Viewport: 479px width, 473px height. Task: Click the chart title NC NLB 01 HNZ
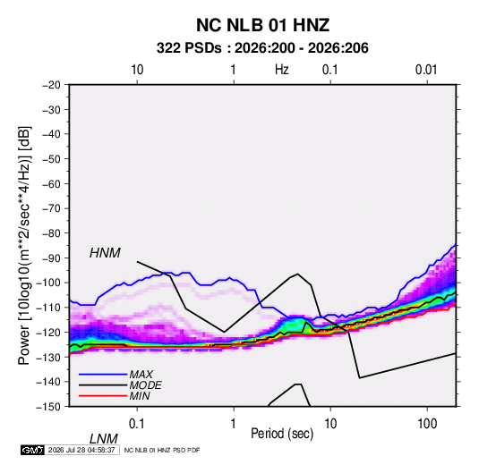pyautogui.click(x=262, y=25)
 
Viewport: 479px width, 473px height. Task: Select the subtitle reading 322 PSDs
pyautogui.click(x=189, y=48)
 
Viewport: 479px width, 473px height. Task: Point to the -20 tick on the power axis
pyautogui.click(x=51, y=85)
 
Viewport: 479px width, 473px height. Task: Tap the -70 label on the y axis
pyautogui.click(x=51, y=208)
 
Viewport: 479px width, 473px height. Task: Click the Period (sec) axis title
pyautogui.click(x=282, y=434)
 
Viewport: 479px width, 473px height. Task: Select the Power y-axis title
pyautogui.click(x=24, y=245)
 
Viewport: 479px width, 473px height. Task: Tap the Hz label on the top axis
pyautogui.click(x=281, y=70)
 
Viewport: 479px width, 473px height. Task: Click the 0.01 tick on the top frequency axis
pyautogui.click(x=426, y=70)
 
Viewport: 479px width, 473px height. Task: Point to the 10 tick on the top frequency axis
pyautogui.click(x=137, y=70)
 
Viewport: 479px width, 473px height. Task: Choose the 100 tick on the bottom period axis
pyautogui.click(x=427, y=424)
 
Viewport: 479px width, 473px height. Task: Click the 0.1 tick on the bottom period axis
pyautogui.click(x=137, y=424)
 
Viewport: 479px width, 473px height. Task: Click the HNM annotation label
pyautogui.click(x=105, y=253)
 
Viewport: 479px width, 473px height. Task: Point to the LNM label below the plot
pyautogui.click(x=104, y=439)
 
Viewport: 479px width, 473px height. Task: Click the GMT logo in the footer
pyautogui.click(x=32, y=450)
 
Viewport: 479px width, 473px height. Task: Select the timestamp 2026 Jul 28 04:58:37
pyautogui.click(x=81, y=450)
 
